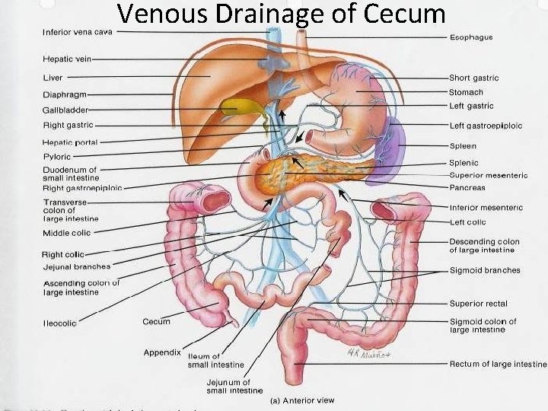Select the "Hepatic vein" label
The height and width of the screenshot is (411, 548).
[67, 59]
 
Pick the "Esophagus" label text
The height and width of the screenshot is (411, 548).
[471, 37]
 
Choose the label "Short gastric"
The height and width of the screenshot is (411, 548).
[473, 78]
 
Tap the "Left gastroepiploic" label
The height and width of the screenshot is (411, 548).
[486, 126]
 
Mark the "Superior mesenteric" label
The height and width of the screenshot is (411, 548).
[488, 175]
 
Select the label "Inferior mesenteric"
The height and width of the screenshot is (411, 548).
[486, 207]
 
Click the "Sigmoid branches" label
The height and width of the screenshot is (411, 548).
[485, 270]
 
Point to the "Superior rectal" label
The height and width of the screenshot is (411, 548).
[477, 304]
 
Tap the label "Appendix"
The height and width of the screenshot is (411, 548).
[162, 352]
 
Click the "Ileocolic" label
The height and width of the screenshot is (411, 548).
[60, 323]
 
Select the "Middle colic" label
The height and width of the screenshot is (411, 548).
[67, 233]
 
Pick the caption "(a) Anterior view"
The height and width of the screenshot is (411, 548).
[302, 401]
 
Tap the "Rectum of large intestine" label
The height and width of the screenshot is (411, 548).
[498, 365]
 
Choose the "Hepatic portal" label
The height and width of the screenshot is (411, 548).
[71, 142]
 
